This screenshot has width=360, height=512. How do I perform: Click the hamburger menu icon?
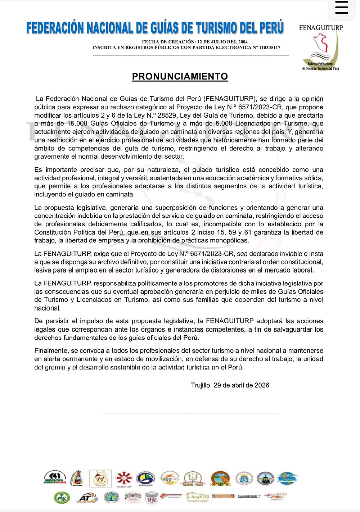(x=342, y=8)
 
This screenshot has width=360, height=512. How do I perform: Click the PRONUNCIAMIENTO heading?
(x=180, y=77)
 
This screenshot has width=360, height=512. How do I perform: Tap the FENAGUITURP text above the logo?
(x=321, y=28)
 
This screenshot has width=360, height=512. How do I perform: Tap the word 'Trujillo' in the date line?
(x=201, y=385)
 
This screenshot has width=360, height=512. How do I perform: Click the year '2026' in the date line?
(x=262, y=385)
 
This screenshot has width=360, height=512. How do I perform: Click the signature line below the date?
(x=191, y=414)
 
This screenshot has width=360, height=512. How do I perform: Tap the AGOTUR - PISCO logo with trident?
(x=194, y=479)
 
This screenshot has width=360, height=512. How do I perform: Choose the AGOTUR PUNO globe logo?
(x=287, y=478)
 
